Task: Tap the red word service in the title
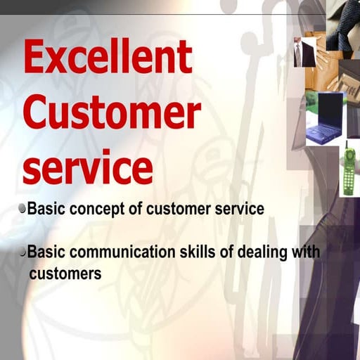pyautogui.click(x=88, y=169)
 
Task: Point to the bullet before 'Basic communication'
pyautogui.click(x=23, y=251)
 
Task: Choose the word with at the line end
pyautogui.click(x=304, y=252)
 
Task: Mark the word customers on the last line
pyautogui.click(x=65, y=273)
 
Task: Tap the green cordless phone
pyautogui.click(x=348, y=174)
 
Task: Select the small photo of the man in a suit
pyautogui.click(x=301, y=53)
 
